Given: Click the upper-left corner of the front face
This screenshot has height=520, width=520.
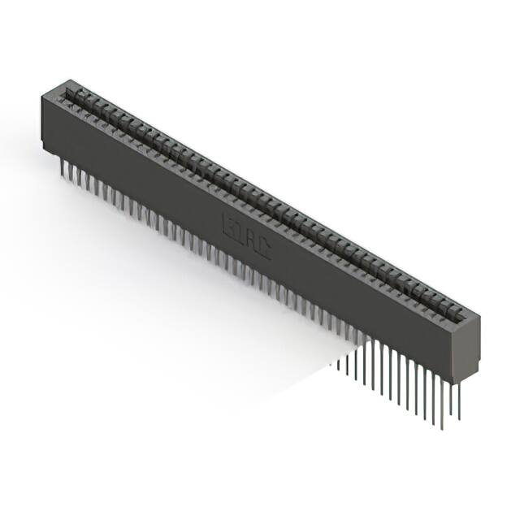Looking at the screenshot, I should (41, 96).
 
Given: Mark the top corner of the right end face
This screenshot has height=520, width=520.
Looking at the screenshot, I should (479, 316).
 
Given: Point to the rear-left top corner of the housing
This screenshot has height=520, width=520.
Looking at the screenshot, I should (70, 80).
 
